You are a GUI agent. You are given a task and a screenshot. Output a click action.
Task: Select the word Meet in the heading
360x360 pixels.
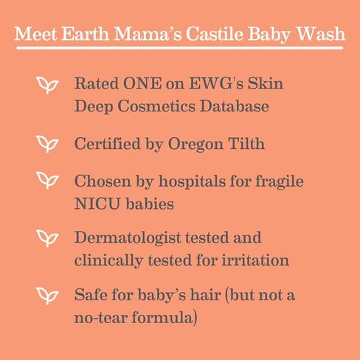[35, 33]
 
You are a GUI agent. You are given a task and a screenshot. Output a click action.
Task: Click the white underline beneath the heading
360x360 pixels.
[180, 48]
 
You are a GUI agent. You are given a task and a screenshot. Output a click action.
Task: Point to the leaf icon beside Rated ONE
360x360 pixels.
[47, 86]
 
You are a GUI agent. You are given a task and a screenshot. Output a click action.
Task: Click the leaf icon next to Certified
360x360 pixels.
[47, 144]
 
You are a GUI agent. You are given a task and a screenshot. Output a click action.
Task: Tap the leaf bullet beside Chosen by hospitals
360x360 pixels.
[47, 180]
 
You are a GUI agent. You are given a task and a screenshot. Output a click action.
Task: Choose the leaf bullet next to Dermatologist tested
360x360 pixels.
[47, 238]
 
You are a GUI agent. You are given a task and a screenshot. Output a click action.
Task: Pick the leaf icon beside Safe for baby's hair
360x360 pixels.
[47, 296]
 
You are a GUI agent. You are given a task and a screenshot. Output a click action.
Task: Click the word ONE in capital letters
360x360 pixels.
[142, 83]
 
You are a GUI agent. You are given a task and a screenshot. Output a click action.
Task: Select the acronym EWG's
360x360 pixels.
[216, 83]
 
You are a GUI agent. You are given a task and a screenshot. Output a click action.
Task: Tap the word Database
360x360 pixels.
[234, 106]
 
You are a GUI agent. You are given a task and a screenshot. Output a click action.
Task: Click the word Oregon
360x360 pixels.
[195, 145]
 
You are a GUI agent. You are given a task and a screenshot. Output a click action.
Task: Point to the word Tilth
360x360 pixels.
[246, 143]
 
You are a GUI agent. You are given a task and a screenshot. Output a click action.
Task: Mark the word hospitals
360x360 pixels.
[192, 182]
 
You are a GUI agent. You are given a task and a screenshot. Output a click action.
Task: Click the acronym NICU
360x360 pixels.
[97, 204]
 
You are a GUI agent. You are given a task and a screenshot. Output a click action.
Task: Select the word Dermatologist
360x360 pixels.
[128, 238]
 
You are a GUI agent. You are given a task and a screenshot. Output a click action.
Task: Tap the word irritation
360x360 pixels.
[255, 260]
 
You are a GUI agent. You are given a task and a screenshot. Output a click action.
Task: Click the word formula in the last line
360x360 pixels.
[162, 316]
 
